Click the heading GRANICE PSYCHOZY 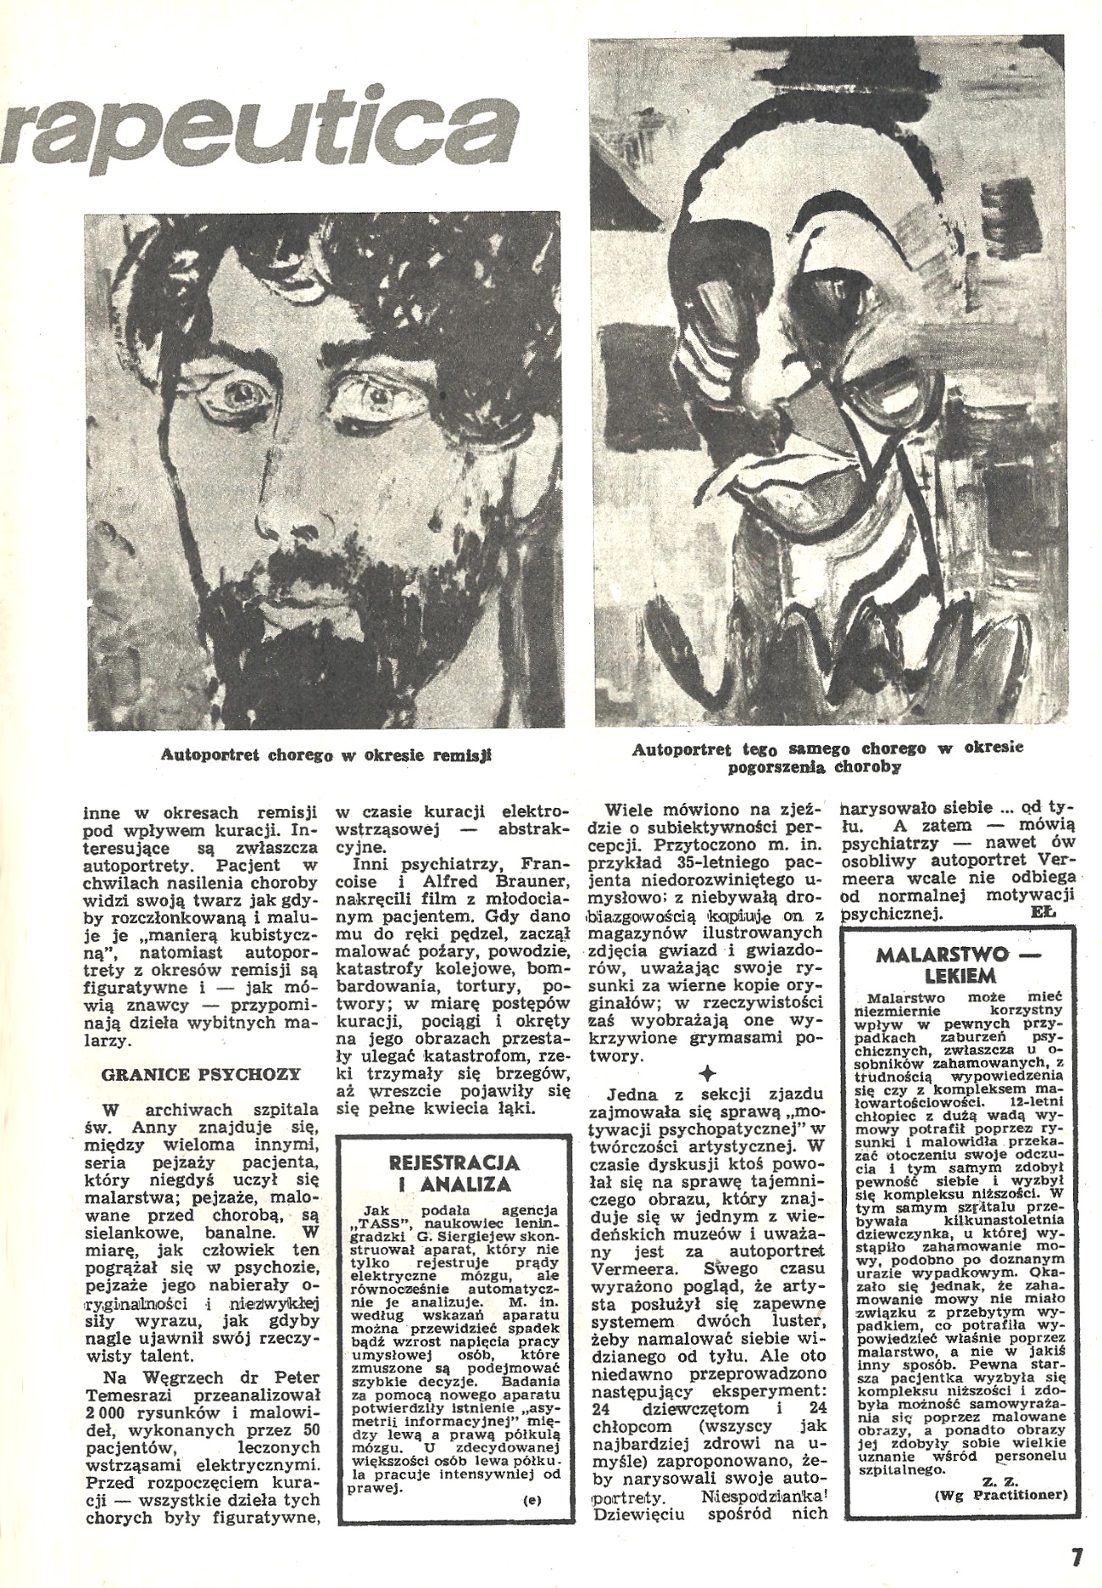pos(201,1074)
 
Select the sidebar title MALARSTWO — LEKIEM pos(956,964)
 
